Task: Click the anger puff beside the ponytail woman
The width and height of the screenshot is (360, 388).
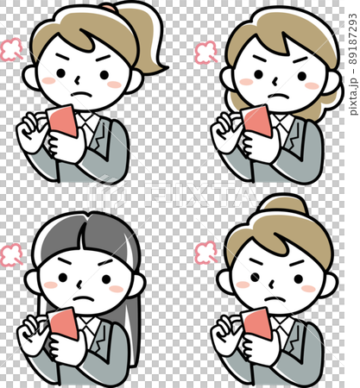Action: (x=12, y=50)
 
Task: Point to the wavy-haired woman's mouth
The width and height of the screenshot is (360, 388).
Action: (x=278, y=94)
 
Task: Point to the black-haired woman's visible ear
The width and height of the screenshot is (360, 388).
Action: (x=32, y=280)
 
